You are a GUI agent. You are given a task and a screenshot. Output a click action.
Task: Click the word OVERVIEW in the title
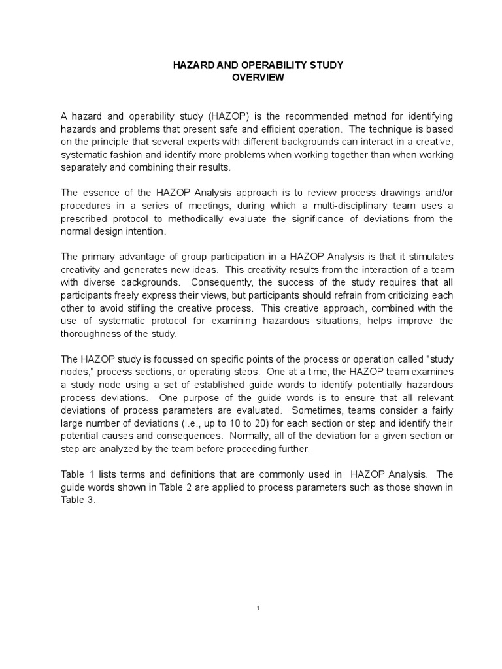click(x=258, y=77)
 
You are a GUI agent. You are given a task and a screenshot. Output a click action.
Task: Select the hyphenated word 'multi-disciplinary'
click(x=346, y=206)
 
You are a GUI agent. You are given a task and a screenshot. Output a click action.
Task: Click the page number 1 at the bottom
click(x=258, y=609)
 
